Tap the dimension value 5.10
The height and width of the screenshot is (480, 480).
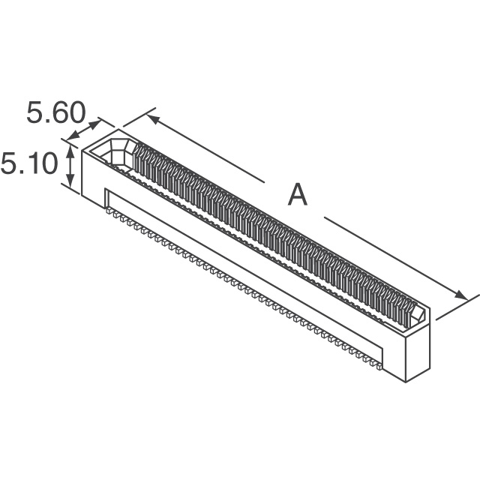[29, 163]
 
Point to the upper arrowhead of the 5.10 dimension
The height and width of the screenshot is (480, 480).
[70, 150]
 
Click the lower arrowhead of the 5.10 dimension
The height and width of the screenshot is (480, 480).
[70, 182]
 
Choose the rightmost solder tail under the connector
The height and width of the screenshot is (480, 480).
[379, 366]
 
